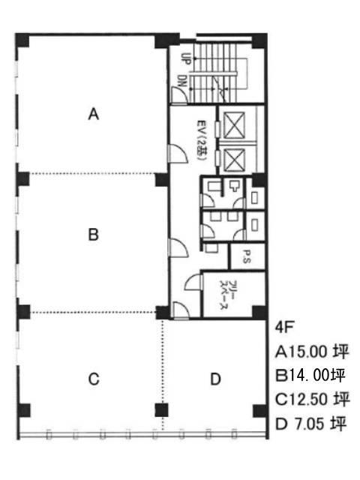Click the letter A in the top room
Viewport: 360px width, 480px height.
pos(94,114)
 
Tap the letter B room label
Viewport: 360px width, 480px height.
pos(93,235)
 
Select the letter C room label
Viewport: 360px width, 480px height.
pos(94,379)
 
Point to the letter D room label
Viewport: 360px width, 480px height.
pos(215,379)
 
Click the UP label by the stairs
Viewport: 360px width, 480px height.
pos(185,58)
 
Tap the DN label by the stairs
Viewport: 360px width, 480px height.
pos(183,81)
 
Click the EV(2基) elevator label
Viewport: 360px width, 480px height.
pos(202,140)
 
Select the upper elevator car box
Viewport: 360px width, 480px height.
pos(234,125)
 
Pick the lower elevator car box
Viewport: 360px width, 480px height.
pos(234,160)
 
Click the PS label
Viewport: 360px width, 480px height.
pos(247,256)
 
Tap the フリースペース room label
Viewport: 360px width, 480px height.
pos(229,295)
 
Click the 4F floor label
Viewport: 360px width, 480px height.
pos(284,327)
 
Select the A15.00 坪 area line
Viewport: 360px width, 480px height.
pos(312,352)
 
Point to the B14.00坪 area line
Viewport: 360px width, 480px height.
pos(310,375)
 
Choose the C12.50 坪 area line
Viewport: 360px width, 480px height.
pos(312,399)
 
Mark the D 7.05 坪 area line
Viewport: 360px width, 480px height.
pos(310,424)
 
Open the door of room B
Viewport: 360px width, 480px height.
pos(178,247)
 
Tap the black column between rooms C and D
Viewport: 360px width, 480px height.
pos(161,410)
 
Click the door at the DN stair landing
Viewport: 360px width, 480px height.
pos(178,94)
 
